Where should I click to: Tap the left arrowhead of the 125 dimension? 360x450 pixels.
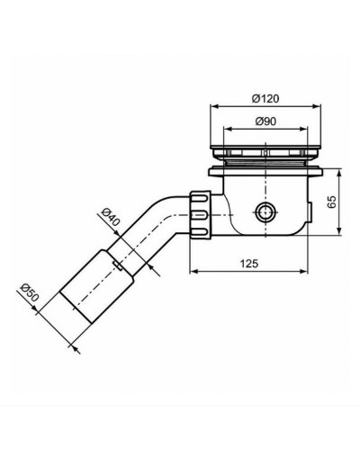click(x=193, y=272)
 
